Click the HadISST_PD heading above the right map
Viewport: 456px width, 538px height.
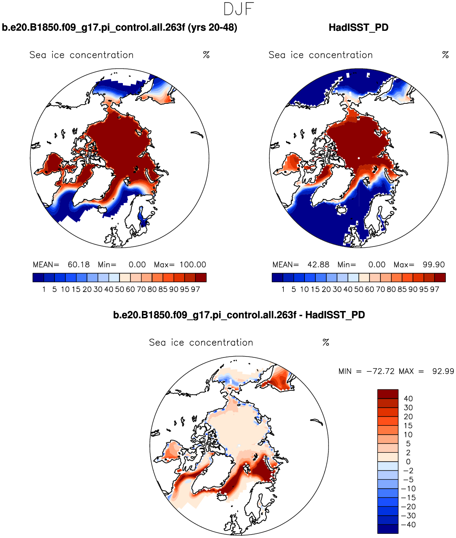[x=358, y=28]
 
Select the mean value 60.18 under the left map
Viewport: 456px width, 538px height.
[x=79, y=265]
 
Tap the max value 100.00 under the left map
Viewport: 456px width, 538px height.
[x=193, y=265]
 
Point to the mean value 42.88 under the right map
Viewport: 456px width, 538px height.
[x=318, y=265]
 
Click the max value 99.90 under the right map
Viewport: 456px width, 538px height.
[x=434, y=265]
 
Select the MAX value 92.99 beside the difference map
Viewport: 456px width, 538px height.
[x=443, y=371]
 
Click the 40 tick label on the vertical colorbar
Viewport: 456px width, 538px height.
[x=408, y=399]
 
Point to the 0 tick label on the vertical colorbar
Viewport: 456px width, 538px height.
[x=408, y=462]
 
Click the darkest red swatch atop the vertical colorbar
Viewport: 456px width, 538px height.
[x=388, y=394]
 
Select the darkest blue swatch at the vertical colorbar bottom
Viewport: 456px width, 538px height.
[x=388, y=529]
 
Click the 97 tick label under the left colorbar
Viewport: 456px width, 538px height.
[x=195, y=289]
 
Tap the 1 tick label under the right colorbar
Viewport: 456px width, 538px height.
[x=283, y=289]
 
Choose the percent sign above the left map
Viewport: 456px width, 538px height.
[x=206, y=55]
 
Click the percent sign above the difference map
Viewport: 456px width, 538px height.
[x=326, y=343]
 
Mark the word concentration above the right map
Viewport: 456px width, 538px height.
[x=341, y=55]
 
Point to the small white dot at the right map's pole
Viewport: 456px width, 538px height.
[x=358, y=158]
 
